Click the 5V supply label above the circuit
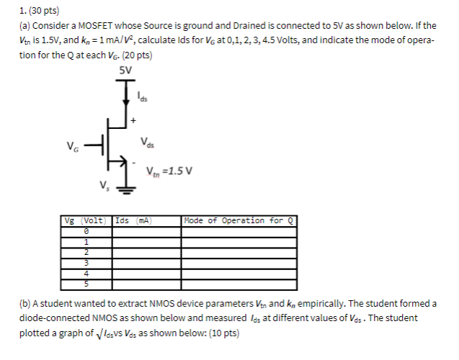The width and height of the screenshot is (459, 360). coord(125,70)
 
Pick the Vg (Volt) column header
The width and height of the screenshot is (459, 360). coord(86,220)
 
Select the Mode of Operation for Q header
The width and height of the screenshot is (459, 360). coord(239,220)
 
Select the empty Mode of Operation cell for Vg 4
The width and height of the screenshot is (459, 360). coord(239,273)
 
